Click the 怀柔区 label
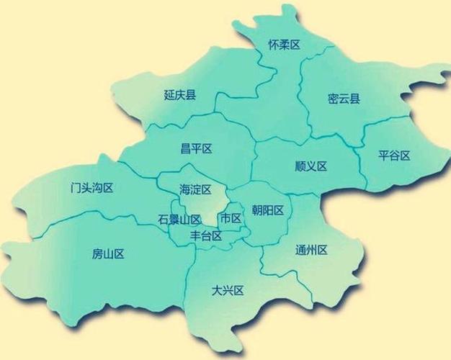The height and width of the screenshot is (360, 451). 284,45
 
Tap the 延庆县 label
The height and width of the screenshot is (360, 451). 180,95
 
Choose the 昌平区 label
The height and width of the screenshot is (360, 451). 197,149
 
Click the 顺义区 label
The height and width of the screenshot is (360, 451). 311,166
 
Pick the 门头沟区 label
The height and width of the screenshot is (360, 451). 88,188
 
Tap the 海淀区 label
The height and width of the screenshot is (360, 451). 195,189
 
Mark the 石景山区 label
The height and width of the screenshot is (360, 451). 179,219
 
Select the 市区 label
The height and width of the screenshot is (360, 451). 231,218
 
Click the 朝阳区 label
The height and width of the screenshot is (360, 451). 267,210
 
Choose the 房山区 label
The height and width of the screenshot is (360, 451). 109,253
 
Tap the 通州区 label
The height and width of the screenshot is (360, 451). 311,251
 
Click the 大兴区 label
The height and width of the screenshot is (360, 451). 228,291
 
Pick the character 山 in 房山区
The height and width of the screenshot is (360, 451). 109,253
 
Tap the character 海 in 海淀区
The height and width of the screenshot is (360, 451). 185,189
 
